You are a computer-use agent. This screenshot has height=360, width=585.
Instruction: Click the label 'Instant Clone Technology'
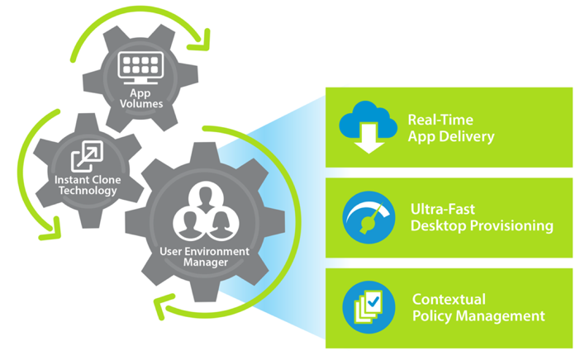(x=86, y=185)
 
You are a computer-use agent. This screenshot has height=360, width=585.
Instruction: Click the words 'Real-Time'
(x=440, y=120)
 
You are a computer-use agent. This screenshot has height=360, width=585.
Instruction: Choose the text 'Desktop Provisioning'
(x=482, y=225)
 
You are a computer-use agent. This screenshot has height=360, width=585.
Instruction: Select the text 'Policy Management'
(x=478, y=315)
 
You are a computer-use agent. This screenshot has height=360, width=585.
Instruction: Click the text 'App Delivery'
(x=451, y=136)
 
